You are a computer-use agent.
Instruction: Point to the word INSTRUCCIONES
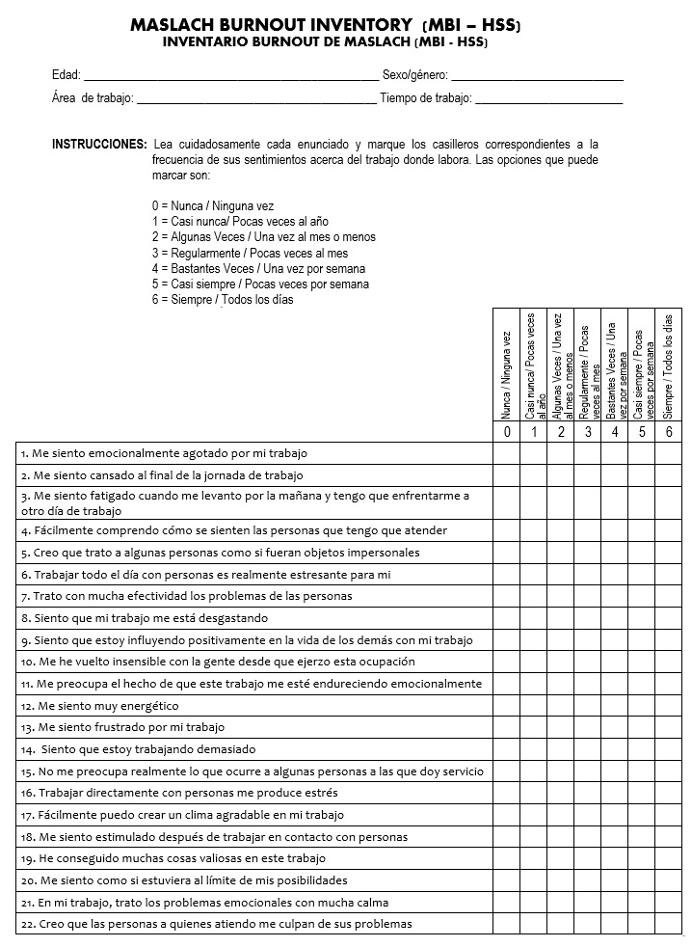point(99,144)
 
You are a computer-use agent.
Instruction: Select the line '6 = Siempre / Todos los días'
point(223,299)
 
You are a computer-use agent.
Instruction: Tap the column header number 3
point(588,432)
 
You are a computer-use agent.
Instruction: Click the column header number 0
point(507,432)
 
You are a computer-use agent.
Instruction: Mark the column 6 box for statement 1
point(668,452)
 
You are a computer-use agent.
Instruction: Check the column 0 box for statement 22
point(507,923)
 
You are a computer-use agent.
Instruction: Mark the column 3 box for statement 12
point(588,706)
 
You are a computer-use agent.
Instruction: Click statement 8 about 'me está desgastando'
point(145,618)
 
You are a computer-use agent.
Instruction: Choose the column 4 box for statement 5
point(615,553)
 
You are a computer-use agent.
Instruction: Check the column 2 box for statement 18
point(561,836)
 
